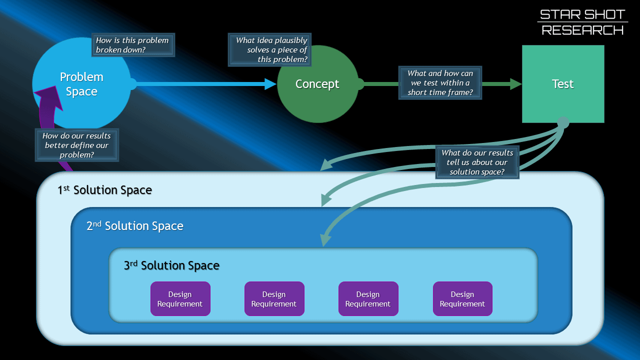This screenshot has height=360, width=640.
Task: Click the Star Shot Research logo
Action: (x=582, y=22)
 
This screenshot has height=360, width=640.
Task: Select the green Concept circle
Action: (x=317, y=84)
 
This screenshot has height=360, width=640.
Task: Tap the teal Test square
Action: (x=563, y=84)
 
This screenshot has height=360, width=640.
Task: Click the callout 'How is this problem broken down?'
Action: (x=132, y=45)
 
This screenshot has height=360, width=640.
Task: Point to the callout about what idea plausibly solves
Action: (x=269, y=49)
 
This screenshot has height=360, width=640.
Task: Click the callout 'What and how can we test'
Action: (x=440, y=83)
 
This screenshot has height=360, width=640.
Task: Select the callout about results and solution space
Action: (x=477, y=162)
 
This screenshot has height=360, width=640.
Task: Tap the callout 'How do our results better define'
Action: (x=76, y=145)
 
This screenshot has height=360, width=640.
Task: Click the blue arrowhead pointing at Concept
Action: (x=270, y=84)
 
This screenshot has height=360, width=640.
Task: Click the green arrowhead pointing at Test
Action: (x=515, y=84)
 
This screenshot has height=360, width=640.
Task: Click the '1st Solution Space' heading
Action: (x=104, y=190)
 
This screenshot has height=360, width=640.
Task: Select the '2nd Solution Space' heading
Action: (x=135, y=226)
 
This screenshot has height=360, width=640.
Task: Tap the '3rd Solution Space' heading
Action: (x=171, y=265)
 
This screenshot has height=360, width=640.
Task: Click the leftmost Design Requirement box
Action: (x=180, y=299)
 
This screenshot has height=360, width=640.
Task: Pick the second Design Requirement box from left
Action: (x=274, y=299)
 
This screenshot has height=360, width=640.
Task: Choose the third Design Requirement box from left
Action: (x=368, y=299)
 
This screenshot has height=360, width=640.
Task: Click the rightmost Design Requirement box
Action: (x=462, y=299)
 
